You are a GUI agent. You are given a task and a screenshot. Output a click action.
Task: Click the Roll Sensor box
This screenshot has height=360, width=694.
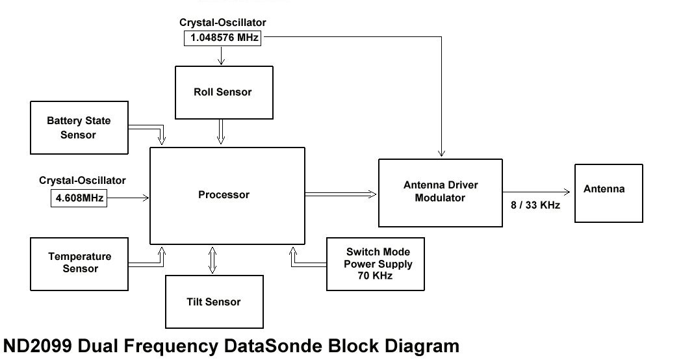[x=224, y=92]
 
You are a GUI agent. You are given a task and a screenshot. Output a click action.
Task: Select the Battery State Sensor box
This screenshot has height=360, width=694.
[x=79, y=127]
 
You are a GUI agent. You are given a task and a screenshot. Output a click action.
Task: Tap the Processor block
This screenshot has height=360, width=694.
[x=227, y=195]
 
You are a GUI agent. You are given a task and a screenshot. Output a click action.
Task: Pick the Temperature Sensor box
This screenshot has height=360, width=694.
[x=79, y=263]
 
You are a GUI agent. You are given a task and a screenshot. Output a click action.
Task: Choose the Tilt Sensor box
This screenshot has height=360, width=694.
[x=214, y=302]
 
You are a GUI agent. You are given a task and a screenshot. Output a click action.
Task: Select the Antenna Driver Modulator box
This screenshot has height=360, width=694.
[x=441, y=192]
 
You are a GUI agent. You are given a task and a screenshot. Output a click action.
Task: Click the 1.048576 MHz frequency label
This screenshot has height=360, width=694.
[x=224, y=38]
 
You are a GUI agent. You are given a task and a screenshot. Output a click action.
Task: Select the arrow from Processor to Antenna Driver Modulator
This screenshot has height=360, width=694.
[x=341, y=193]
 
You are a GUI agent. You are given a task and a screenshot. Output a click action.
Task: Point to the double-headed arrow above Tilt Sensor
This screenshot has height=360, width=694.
[x=212, y=259]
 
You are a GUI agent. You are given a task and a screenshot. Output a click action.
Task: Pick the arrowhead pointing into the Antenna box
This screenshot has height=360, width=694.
[x=567, y=192]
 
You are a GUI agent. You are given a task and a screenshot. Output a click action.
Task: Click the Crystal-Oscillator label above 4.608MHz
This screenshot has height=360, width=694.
[x=83, y=181]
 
